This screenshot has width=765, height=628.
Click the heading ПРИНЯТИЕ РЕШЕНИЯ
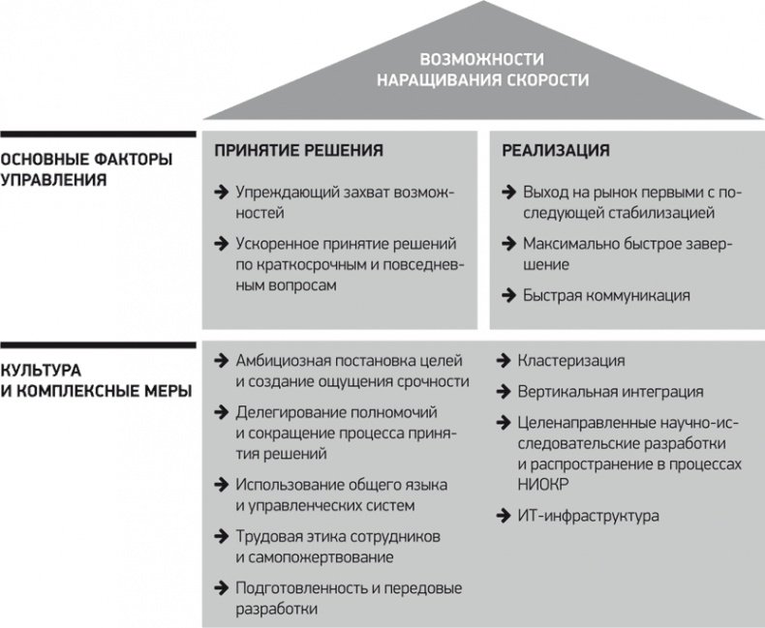click(x=298, y=151)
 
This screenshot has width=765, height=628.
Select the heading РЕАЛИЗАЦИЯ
click(x=555, y=151)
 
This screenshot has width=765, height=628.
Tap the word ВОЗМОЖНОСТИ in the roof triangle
click(x=481, y=59)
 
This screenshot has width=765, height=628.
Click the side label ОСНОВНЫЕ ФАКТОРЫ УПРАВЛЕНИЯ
click(x=86, y=169)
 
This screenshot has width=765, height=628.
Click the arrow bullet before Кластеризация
click(x=504, y=361)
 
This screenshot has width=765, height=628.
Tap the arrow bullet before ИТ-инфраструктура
click(x=504, y=516)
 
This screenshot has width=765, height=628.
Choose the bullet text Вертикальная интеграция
click(x=612, y=392)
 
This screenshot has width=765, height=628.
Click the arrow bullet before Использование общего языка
click(x=221, y=484)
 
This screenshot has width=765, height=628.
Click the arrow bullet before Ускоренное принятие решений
click(x=221, y=244)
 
